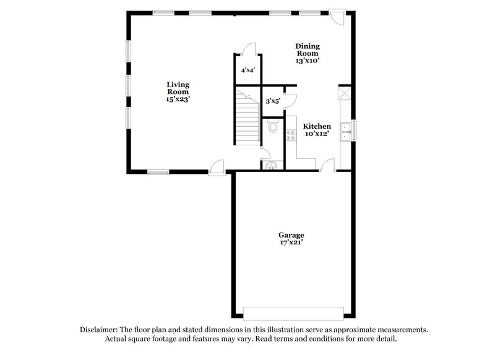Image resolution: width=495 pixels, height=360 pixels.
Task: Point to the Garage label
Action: coord(291,235)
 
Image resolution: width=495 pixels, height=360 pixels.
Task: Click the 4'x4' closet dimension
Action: coord(248,70)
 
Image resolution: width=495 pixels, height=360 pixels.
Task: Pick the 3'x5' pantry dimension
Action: coord(273,100)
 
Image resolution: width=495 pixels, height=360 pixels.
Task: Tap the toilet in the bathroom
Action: coord(273,126)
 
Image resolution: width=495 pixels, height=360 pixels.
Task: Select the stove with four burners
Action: coord(291,134)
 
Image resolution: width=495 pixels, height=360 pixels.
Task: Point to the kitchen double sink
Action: coord(346,129)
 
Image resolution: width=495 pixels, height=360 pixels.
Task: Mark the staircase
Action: coord(247,116)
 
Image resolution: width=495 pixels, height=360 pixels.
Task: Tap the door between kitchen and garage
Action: coord(328,165)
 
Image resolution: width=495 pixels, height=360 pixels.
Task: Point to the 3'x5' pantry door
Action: coord(291,99)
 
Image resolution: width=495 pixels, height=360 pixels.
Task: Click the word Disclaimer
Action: coord(100,330)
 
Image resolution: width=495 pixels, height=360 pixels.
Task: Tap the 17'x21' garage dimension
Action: coord(291,243)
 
